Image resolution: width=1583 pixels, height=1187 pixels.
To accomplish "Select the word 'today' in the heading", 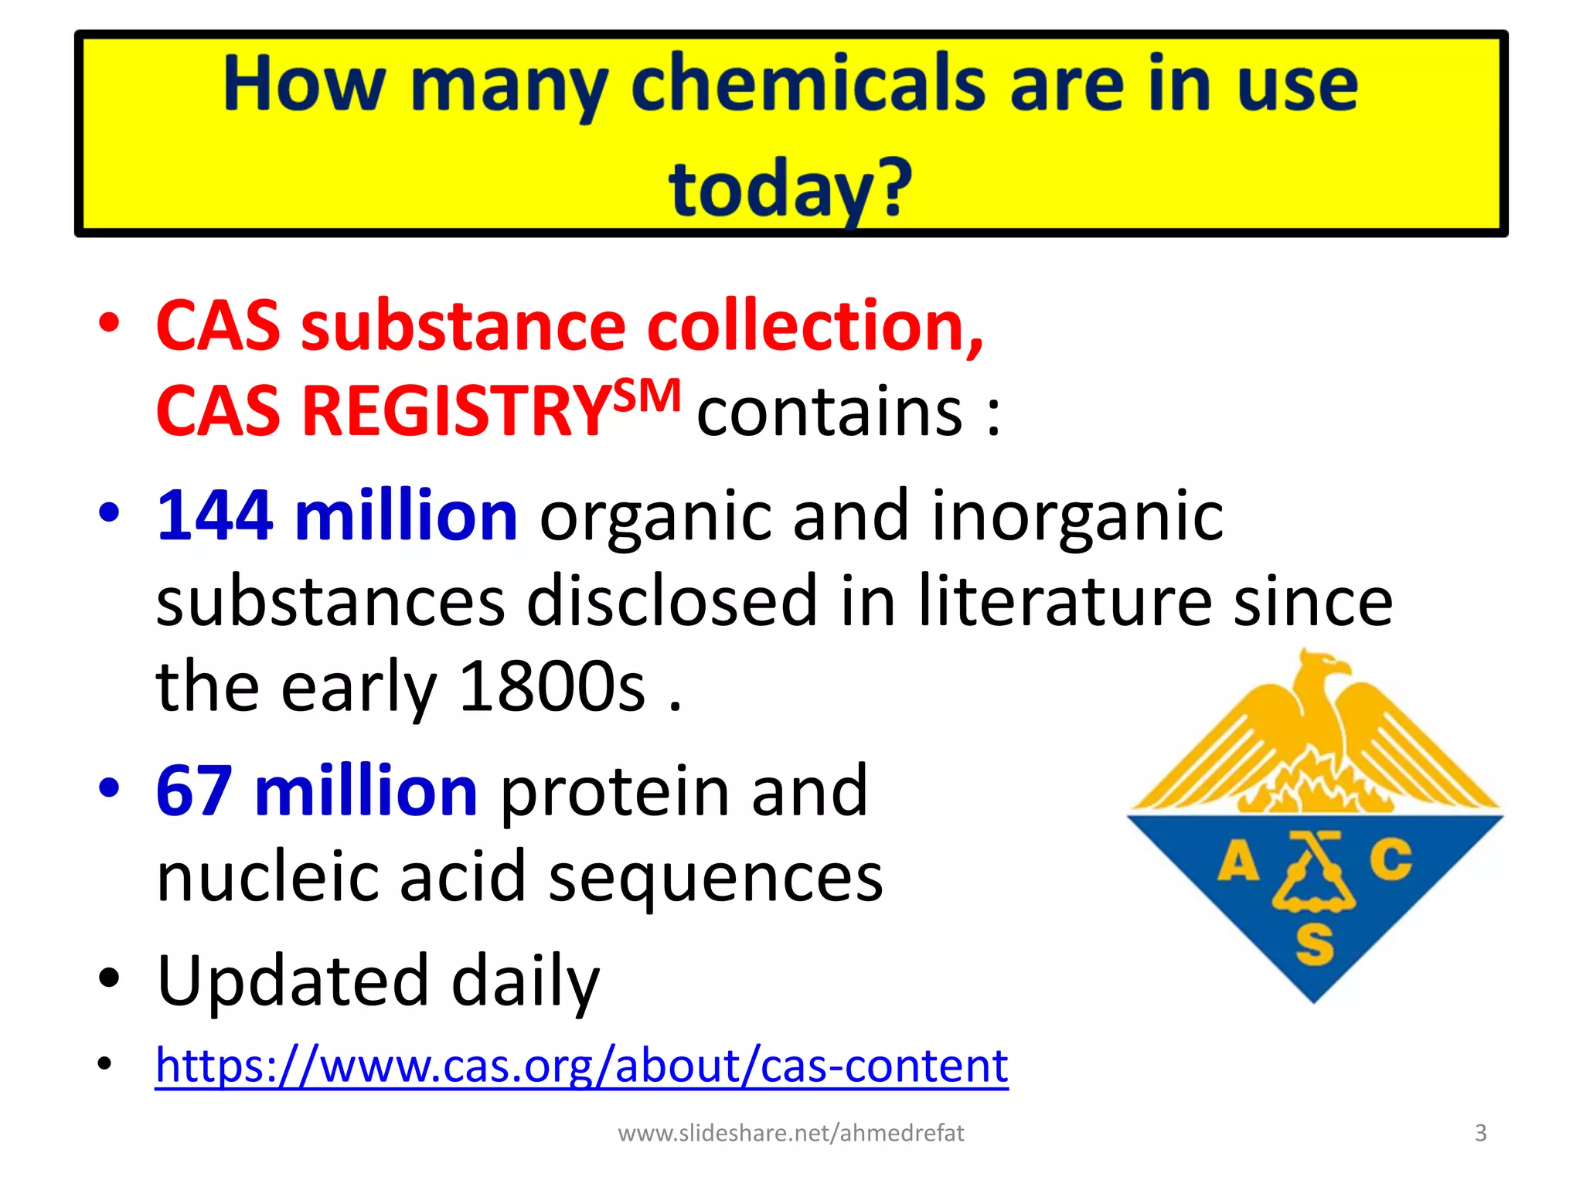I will (x=769, y=189).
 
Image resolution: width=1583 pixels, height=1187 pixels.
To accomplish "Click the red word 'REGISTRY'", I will (x=456, y=411).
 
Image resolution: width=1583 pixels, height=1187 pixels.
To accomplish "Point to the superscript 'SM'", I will (x=648, y=396).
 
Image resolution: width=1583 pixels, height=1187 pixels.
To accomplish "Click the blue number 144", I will (x=215, y=515).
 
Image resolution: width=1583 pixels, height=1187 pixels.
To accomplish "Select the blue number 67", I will (x=194, y=791).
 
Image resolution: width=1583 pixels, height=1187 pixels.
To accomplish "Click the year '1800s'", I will (x=552, y=686).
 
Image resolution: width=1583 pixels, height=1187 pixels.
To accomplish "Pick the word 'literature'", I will (x=1064, y=601).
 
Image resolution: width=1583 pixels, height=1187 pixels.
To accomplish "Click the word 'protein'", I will (x=614, y=791).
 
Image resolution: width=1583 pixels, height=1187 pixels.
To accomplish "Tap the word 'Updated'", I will (x=292, y=980).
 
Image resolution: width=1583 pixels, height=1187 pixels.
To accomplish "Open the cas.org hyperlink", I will (x=581, y=1066).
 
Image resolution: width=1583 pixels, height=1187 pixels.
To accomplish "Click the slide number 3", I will (x=1480, y=1133).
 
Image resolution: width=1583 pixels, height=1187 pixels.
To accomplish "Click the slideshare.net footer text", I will (x=791, y=1133).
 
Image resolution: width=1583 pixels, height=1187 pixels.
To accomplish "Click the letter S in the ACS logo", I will (x=1314, y=944).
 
